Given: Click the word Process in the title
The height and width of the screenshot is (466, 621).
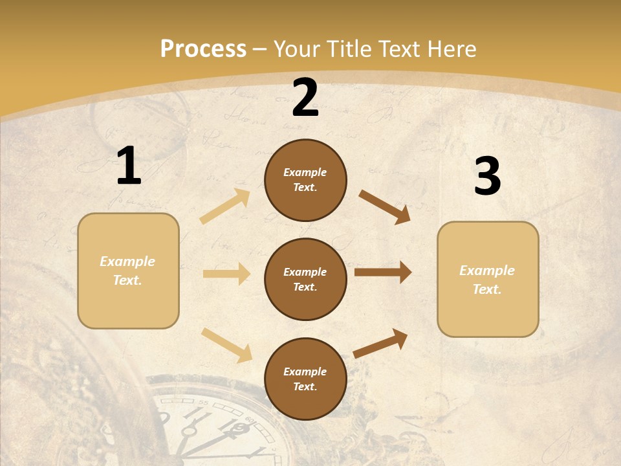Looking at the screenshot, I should tap(203, 49).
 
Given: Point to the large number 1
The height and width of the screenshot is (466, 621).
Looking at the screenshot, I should tap(129, 166).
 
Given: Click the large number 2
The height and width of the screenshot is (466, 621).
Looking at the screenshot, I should tap(305, 98).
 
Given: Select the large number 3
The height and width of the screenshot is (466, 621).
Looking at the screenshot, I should tap(487, 177).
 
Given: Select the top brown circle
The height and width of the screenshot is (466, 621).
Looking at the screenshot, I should tap(305, 180).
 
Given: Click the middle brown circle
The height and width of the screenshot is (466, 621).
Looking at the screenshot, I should tap(305, 280).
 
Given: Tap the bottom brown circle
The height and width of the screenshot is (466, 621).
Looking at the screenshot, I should tap(305, 379).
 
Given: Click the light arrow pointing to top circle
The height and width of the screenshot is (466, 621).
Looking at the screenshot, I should tap(225, 206).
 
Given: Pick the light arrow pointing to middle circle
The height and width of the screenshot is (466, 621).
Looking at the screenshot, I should tap(226, 274).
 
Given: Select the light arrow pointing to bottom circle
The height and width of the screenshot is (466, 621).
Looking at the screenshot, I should tap(227, 345).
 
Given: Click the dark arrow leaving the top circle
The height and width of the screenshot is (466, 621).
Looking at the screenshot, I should tap(385, 207).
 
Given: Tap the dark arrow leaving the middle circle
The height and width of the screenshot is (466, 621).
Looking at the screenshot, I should tap(383, 272).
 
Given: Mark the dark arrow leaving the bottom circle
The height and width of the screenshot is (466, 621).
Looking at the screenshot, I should tap(380, 344).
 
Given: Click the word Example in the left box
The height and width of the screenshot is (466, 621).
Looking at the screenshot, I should tap(127, 261).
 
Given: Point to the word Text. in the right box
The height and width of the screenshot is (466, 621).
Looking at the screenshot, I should tap(487, 289).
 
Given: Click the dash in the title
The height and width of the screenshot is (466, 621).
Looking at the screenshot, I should tap(260, 49).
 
